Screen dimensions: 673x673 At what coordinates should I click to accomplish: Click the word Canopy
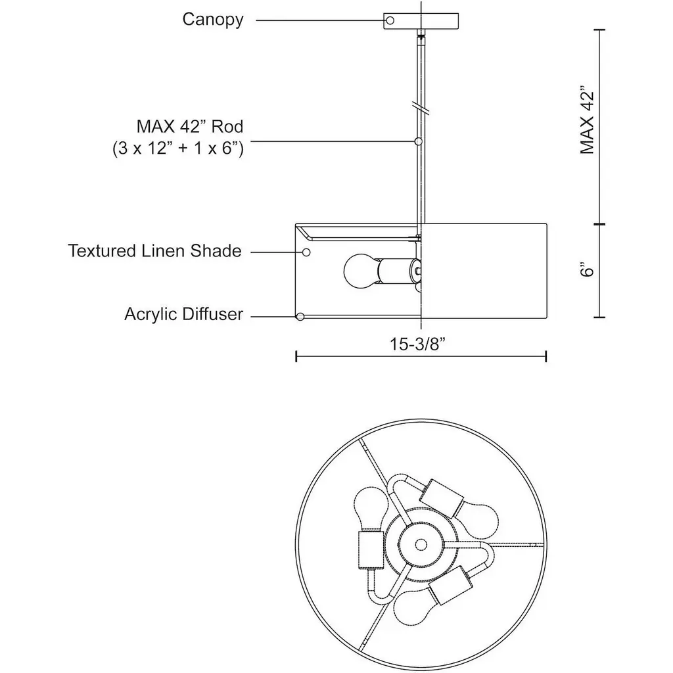click(x=213, y=20)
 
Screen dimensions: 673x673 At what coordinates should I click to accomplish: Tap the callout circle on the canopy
click(x=390, y=20)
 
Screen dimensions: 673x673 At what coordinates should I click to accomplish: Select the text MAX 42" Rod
click(x=190, y=127)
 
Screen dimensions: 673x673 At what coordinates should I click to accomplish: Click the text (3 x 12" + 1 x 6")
click(x=178, y=149)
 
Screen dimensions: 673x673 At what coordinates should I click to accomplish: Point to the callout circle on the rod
click(x=419, y=141)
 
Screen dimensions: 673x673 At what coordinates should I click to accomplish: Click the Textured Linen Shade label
click(x=155, y=251)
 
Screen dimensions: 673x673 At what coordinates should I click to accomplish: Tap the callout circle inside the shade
click(x=306, y=252)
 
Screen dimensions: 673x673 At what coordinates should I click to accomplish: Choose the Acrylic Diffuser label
click(x=184, y=314)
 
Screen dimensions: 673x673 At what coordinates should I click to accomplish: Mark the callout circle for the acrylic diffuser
click(x=300, y=317)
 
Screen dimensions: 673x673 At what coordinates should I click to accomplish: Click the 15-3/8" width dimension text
click(x=417, y=344)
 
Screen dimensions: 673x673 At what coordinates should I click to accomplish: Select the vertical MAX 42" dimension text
click(x=587, y=122)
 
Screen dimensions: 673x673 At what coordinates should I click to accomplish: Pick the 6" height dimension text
click(x=587, y=269)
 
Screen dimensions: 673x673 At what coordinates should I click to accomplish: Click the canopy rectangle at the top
click(x=421, y=21)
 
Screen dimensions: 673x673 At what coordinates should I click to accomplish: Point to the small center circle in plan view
click(x=421, y=545)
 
